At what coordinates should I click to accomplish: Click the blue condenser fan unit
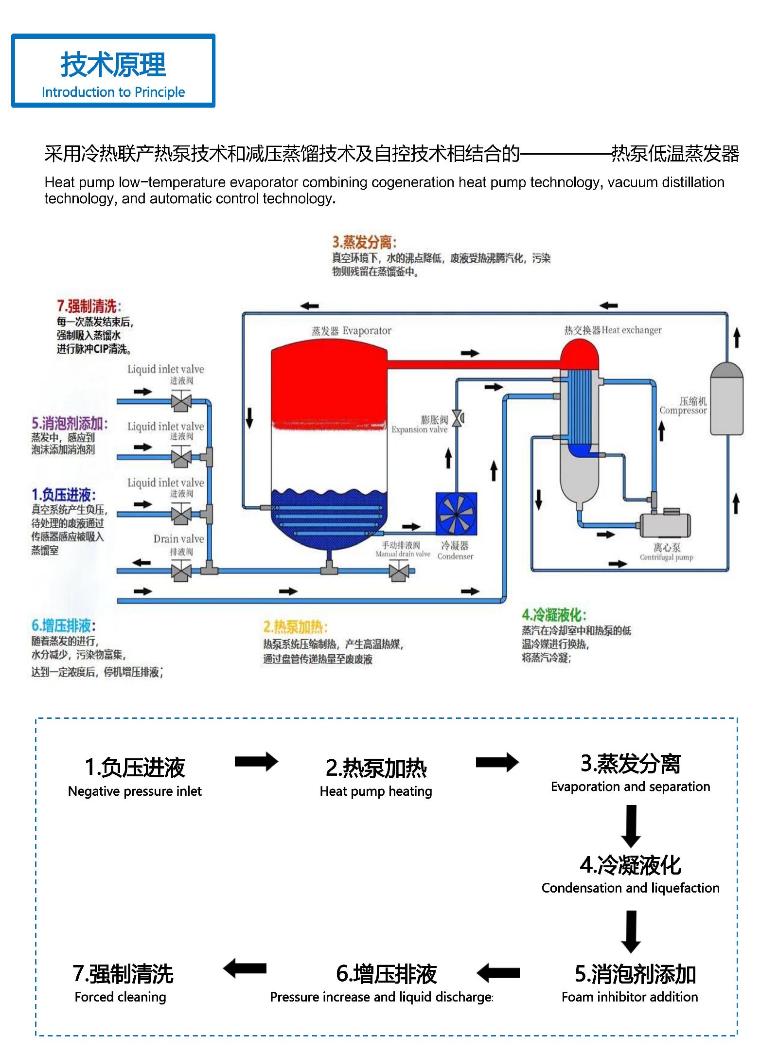pyautogui.click(x=456, y=514)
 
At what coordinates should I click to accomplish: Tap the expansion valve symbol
pyautogui.click(x=457, y=418)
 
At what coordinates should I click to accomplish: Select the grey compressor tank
pyautogui.click(x=726, y=398)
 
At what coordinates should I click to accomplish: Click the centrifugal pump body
pyautogui.click(x=665, y=524)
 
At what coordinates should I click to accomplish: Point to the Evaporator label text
pyautogui.click(x=352, y=331)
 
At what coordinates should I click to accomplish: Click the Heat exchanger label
pyautogui.click(x=613, y=330)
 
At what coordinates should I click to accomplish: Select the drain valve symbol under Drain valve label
pyautogui.click(x=181, y=570)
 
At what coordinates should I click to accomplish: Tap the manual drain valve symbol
pyautogui.click(x=399, y=571)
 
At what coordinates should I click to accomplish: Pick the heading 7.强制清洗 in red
pyautogui.click(x=89, y=306)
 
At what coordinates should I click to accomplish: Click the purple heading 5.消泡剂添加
pyautogui.click(x=70, y=423)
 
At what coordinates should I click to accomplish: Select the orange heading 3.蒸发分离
pyautogui.click(x=364, y=242)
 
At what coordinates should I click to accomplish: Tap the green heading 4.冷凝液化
pyautogui.click(x=554, y=615)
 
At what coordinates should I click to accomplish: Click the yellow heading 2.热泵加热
pyautogui.click(x=296, y=626)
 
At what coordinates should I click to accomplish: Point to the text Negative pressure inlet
pyautogui.click(x=135, y=791)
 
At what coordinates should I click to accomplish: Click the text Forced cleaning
pyautogui.click(x=120, y=997)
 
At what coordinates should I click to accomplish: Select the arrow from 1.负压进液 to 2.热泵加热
pyautogui.click(x=256, y=762)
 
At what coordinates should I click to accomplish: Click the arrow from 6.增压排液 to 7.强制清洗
pyautogui.click(x=245, y=968)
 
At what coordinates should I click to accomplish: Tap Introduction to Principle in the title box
pyautogui.click(x=113, y=92)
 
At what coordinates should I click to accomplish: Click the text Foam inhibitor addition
pyautogui.click(x=630, y=997)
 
